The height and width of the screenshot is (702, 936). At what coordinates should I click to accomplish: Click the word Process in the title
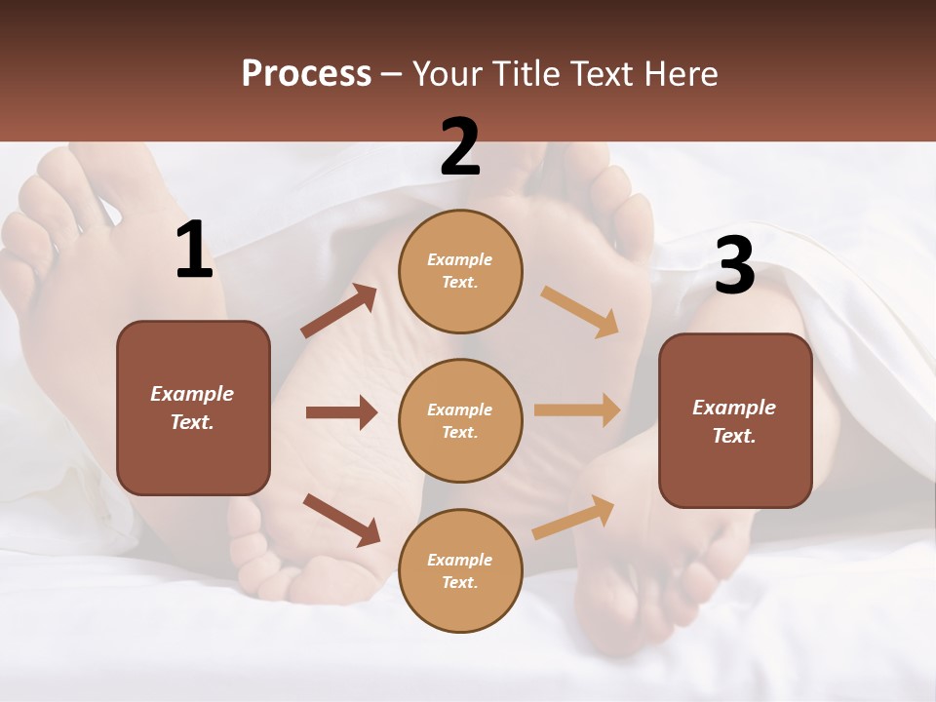pyautogui.click(x=306, y=73)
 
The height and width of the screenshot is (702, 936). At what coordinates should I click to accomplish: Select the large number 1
pyautogui.click(x=194, y=251)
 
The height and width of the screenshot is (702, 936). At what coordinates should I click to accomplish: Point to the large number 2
pyautogui.click(x=460, y=147)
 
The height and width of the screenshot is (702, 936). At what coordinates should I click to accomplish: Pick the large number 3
pyautogui.click(x=734, y=266)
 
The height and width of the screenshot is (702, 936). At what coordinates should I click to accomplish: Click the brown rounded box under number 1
pyautogui.click(x=193, y=408)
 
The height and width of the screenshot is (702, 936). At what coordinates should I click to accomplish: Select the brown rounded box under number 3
pyautogui.click(x=735, y=420)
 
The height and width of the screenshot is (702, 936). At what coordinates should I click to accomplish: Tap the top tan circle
pyautogui.click(x=460, y=270)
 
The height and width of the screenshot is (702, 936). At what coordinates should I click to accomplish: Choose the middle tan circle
pyautogui.click(x=460, y=420)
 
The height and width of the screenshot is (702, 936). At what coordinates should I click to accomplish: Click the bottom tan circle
pyautogui.click(x=460, y=570)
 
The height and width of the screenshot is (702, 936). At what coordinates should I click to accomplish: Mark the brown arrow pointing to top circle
pyautogui.click(x=339, y=311)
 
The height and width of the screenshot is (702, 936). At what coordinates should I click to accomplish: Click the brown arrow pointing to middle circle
pyautogui.click(x=341, y=412)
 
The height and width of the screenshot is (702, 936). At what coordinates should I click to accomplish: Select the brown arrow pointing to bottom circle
pyautogui.click(x=341, y=520)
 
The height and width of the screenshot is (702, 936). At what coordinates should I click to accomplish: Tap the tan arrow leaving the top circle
pyautogui.click(x=580, y=311)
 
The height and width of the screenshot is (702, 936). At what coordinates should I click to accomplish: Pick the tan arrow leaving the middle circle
pyautogui.click(x=577, y=410)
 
